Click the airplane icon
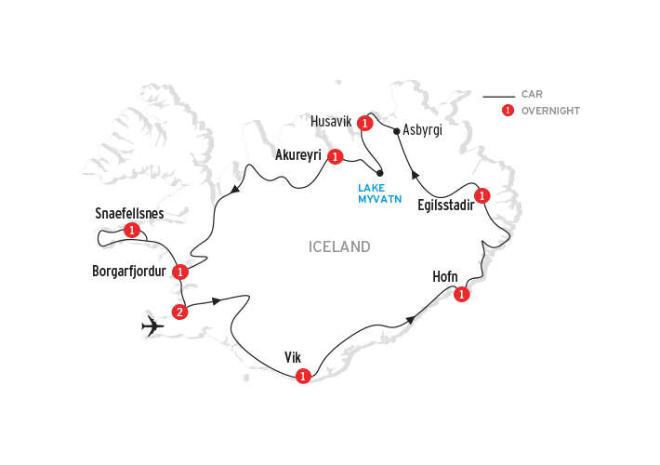[154, 326]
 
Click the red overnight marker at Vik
[302, 377]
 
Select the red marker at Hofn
[461, 295]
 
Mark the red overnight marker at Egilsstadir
[482, 195]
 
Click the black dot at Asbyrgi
[397, 130]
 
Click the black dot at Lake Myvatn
[379, 173]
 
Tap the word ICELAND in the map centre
[339, 247]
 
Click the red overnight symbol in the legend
[508, 111]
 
